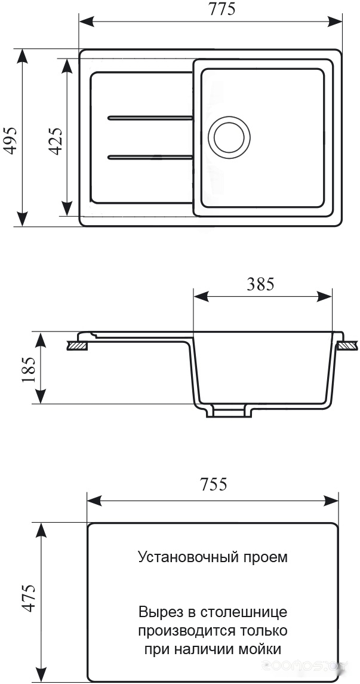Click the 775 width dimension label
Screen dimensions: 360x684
point(222,9)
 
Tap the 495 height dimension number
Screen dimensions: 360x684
point(10,140)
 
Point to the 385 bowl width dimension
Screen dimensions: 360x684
point(261,284)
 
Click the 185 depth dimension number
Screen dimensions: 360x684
point(29,370)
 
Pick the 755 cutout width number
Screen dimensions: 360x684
point(214,484)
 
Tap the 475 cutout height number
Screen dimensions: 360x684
point(29,598)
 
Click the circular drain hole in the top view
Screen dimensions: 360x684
point(229,137)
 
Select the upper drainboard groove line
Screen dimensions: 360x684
point(150,118)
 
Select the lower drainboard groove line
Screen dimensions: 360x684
point(150,157)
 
